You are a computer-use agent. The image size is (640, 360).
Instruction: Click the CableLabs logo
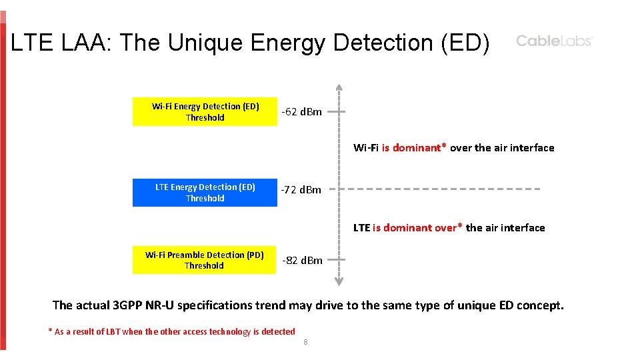coord(554,41)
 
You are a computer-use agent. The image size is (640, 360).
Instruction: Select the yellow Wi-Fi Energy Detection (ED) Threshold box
coord(205,112)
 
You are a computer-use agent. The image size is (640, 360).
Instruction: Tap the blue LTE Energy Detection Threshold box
coord(205,193)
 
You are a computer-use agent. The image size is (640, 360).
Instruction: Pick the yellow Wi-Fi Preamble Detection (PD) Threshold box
coord(205,260)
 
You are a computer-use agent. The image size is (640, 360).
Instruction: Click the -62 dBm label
coord(301,112)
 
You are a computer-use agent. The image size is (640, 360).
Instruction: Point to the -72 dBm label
coord(301,190)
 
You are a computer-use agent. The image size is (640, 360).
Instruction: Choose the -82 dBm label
coord(301,260)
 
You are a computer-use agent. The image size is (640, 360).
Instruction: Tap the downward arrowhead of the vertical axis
coord(339,281)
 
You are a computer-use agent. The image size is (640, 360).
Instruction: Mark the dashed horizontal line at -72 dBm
coord(440,189)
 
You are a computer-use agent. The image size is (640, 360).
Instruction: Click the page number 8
coord(305,342)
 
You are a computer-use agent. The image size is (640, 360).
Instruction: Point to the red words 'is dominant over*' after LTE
coord(417,228)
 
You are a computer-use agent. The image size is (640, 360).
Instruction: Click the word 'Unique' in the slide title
coord(207,43)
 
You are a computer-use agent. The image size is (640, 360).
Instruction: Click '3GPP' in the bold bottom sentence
coord(128,305)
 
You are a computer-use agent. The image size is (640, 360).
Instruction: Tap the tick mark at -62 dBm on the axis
coord(337,112)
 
